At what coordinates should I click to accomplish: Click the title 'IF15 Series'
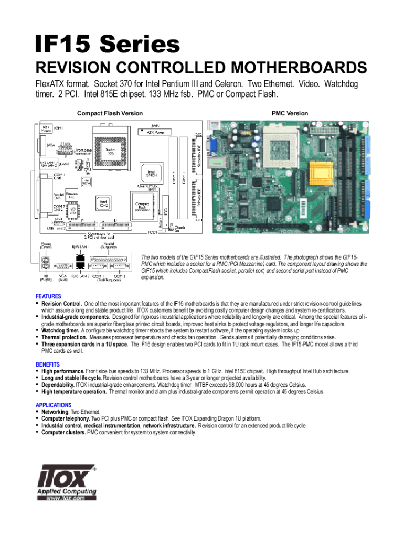107,45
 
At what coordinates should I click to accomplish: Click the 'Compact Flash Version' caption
110,113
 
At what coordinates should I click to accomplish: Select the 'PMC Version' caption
290,113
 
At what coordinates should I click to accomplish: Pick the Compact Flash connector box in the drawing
142,209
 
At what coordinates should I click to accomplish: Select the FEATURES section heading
48,296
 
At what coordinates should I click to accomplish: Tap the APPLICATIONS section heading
54,405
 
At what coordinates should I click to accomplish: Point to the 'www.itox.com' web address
66,499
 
